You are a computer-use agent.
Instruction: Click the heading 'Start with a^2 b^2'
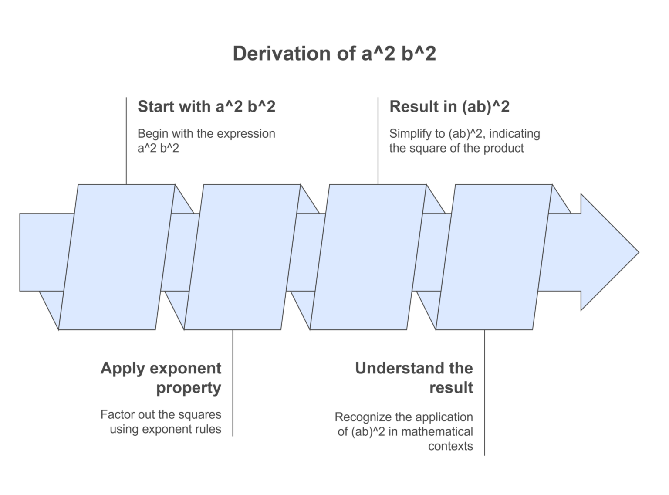tap(206, 107)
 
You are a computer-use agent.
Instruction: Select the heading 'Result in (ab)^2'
tap(449, 107)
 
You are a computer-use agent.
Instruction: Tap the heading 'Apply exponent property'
tap(161, 378)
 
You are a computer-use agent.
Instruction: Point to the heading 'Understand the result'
tap(414, 377)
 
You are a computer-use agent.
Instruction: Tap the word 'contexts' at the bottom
tap(450, 446)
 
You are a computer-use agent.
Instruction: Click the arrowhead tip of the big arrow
tap(639, 252)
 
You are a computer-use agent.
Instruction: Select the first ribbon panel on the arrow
tap(117, 257)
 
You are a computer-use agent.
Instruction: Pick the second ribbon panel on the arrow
tap(243, 257)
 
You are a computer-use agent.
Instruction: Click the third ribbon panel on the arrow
tap(368, 257)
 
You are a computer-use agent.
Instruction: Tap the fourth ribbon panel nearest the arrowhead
tap(494, 257)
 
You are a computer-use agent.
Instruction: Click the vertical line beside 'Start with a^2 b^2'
tap(126, 141)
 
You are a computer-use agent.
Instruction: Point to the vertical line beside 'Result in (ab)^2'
tap(378, 141)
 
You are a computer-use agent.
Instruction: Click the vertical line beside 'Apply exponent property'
tap(233, 383)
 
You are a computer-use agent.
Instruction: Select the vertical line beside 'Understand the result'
tap(485, 393)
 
